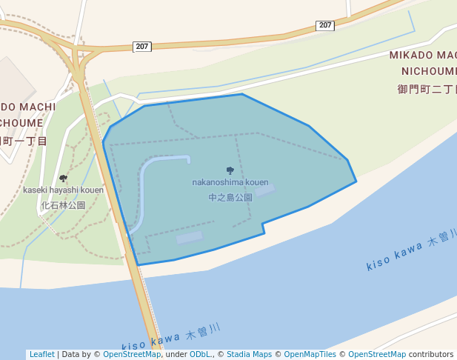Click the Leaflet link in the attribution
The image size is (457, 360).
point(41,355)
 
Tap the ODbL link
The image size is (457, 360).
point(200,355)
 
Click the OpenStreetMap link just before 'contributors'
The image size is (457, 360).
point(376,355)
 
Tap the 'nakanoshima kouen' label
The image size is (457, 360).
point(230,183)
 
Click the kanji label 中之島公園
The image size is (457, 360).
point(230,198)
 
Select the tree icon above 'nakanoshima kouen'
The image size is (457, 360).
point(230,171)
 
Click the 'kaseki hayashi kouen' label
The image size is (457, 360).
point(63,190)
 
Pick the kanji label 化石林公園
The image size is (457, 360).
point(63,205)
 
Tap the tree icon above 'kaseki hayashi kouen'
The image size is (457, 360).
point(63,179)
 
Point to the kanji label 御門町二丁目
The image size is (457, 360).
point(428,89)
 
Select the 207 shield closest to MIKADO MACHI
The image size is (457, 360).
point(324,25)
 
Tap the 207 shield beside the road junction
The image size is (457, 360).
point(142,47)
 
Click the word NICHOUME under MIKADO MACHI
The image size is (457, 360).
point(428,72)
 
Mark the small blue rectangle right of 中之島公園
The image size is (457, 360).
point(264,190)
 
